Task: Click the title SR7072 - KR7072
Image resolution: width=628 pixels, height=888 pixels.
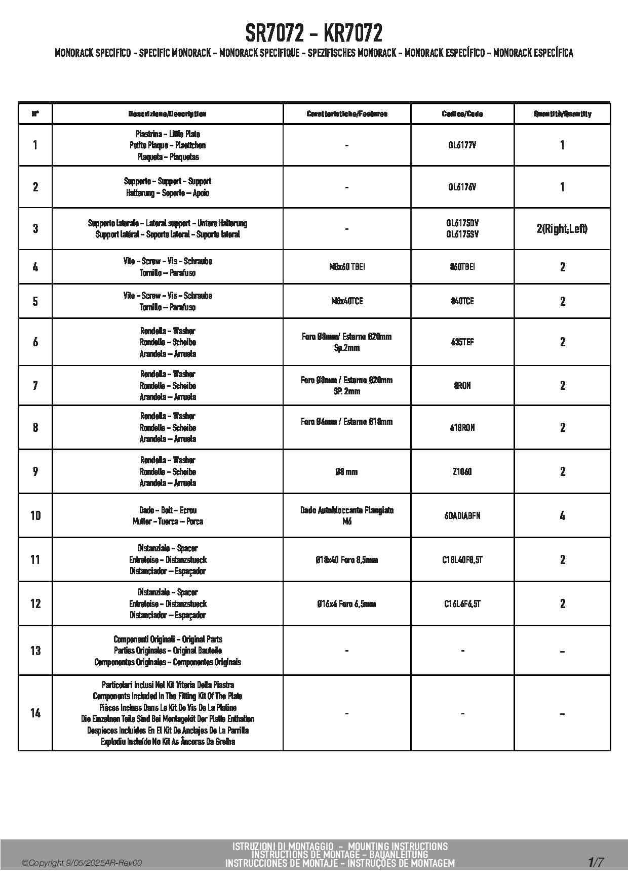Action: [x=313, y=34]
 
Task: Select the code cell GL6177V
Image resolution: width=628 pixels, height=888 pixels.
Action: [x=462, y=145]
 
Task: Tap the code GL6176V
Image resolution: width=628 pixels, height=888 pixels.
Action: [x=462, y=187]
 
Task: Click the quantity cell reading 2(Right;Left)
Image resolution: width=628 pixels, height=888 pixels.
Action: [x=562, y=229]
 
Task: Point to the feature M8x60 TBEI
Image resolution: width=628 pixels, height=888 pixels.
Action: [x=346, y=267]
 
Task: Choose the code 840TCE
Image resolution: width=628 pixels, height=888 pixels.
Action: [x=462, y=301]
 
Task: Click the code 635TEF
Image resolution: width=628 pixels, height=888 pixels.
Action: [x=462, y=342]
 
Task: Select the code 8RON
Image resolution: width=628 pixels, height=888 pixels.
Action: [x=462, y=386]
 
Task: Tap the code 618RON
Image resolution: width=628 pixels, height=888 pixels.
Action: [x=462, y=428]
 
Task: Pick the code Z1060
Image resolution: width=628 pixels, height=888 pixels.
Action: [x=462, y=472]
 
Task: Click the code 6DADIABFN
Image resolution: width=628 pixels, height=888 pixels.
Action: [x=462, y=516]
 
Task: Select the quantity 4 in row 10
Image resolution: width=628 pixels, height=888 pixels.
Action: [x=562, y=516]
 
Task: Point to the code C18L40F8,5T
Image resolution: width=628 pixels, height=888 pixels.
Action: [x=462, y=560]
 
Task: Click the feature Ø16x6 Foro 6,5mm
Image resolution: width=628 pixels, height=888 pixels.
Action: [x=346, y=604]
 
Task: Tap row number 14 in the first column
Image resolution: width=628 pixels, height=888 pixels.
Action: [x=35, y=713]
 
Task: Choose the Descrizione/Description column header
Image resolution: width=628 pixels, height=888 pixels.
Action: [x=167, y=114]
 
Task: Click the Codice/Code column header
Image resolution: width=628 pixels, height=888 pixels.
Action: [x=462, y=114]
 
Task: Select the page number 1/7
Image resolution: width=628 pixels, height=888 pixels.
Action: [x=596, y=862]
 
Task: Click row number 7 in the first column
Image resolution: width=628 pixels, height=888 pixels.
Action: [x=35, y=386]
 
